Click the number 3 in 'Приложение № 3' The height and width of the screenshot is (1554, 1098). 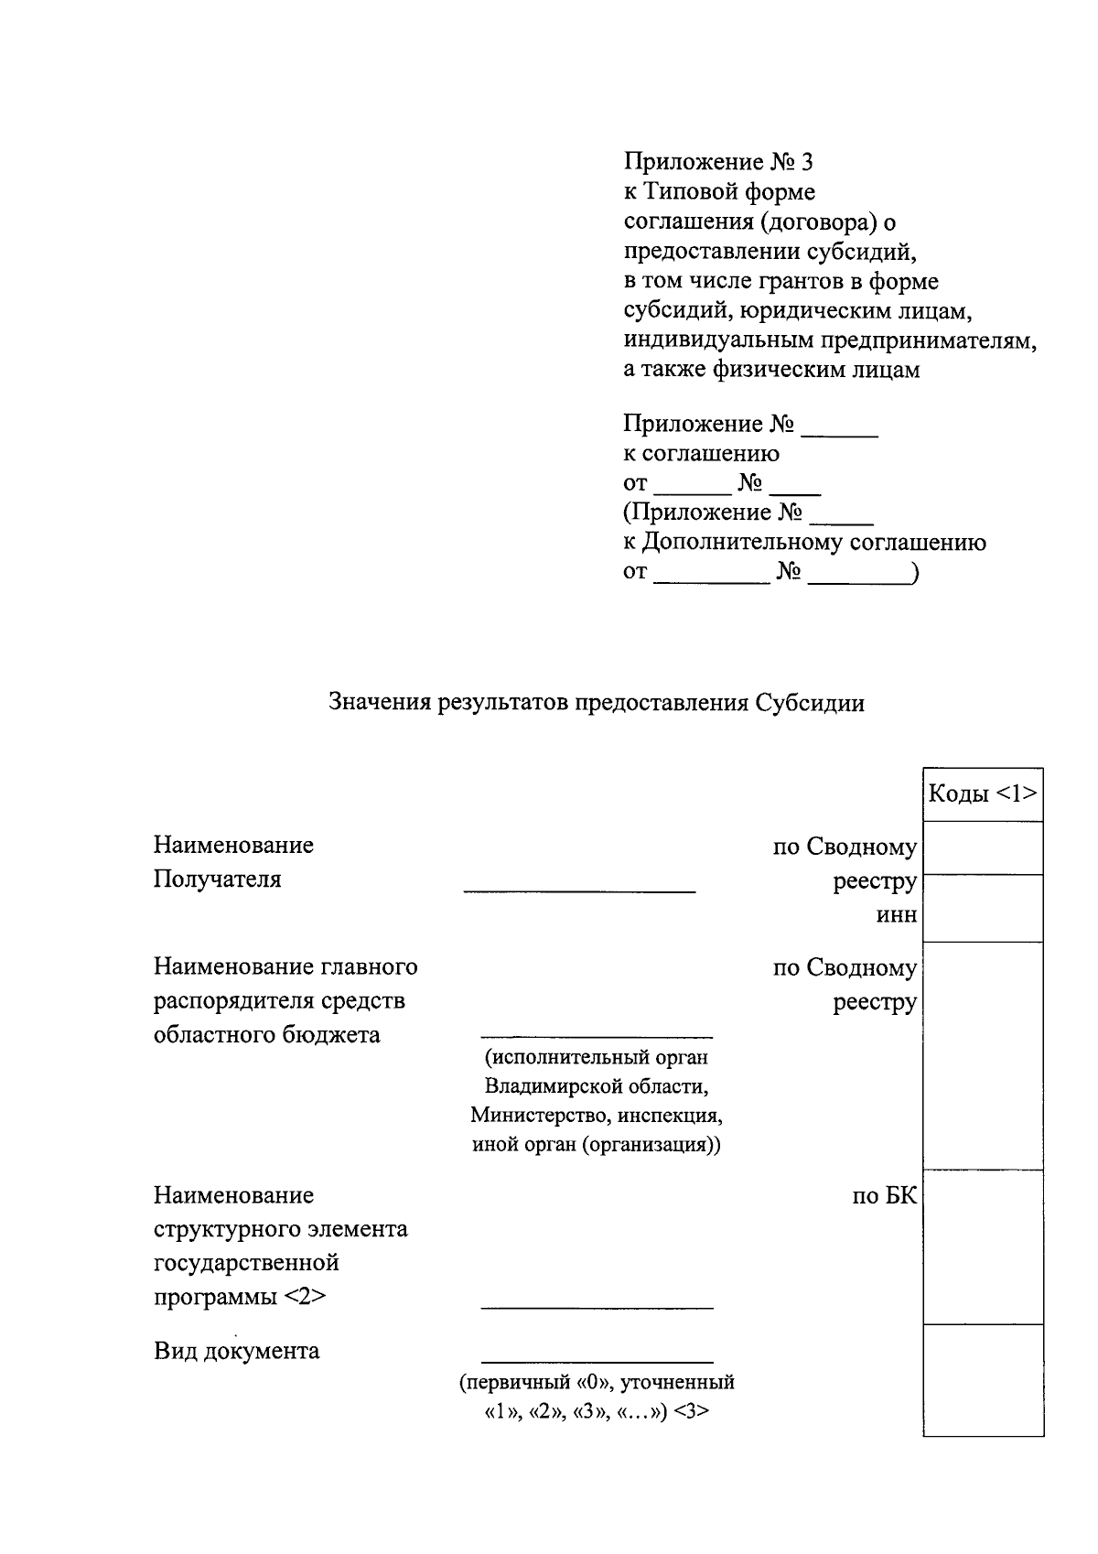[x=805, y=162]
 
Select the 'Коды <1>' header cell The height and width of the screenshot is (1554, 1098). [x=983, y=793]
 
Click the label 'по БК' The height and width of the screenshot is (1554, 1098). [x=884, y=1195]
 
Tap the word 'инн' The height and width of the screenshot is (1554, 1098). [x=897, y=915]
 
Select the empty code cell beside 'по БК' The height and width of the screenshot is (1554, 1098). [x=983, y=1246]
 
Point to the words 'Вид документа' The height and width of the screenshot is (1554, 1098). [x=236, y=1351]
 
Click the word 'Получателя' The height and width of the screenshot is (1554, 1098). [x=217, y=880]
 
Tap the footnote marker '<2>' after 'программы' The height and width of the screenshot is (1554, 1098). [x=306, y=1297]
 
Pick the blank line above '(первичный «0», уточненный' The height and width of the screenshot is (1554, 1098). [x=597, y=1362]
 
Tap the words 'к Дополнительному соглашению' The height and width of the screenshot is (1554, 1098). [x=804, y=542]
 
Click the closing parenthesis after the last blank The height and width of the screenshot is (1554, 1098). [x=915, y=573]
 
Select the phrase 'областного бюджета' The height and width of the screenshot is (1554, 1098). [x=266, y=1035]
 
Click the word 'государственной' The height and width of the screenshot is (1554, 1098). [x=245, y=1263]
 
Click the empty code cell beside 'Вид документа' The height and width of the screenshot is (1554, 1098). [x=983, y=1379]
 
